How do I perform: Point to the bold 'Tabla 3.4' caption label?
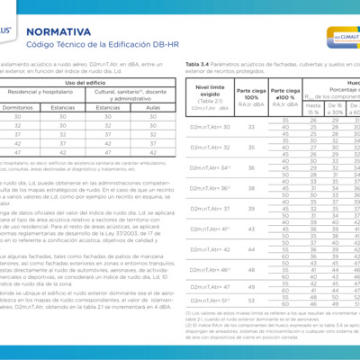coord(198,65)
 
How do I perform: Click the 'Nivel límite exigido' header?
coord(209,92)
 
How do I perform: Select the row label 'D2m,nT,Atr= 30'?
coord(211,128)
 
